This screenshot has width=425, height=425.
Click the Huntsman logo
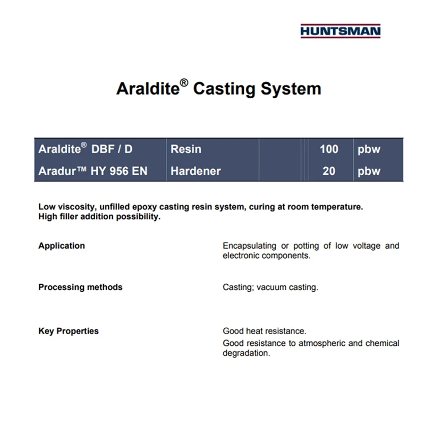pos(341,31)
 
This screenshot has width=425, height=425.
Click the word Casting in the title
pos(224,89)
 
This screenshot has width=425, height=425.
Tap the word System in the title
pos(291,89)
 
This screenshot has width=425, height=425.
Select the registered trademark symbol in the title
pos(184,83)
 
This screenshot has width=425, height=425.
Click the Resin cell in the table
pos(186,149)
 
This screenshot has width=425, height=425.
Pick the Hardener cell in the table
pos(195,171)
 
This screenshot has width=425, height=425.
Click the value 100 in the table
pos(329,149)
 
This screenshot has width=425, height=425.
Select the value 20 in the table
pos(329,171)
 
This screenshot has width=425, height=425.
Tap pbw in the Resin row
pos(369,150)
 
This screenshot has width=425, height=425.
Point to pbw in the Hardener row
pos(369,172)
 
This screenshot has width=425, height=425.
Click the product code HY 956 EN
pos(119,171)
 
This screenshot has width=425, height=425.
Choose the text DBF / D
pos(112,149)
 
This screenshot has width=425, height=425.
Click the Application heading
pos(62,246)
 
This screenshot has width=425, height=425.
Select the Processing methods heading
pos(81,287)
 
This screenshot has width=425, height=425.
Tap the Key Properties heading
pos(69,331)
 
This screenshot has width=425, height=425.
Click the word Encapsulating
pos(249,246)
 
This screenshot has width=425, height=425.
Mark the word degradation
pos(246,353)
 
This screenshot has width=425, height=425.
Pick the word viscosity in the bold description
pos(76,207)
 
